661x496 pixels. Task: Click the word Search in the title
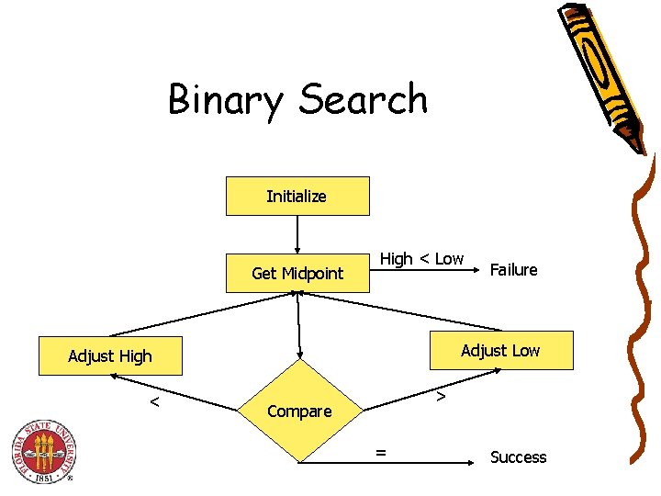point(364,99)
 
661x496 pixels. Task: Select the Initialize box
point(297,196)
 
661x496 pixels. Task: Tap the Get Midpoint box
point(297,273)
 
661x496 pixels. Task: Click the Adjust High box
point(110,355)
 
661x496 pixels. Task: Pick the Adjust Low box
point(500,350)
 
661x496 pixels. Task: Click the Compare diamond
point(299,411)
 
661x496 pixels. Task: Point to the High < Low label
point(422,259)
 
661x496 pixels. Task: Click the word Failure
point(514,269)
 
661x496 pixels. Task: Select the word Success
point(518,457)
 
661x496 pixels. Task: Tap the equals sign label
point(380,450)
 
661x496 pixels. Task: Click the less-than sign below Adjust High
point(155,401)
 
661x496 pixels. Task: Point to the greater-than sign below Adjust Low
point(441,397)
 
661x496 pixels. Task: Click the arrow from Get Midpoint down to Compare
point(299,326)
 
